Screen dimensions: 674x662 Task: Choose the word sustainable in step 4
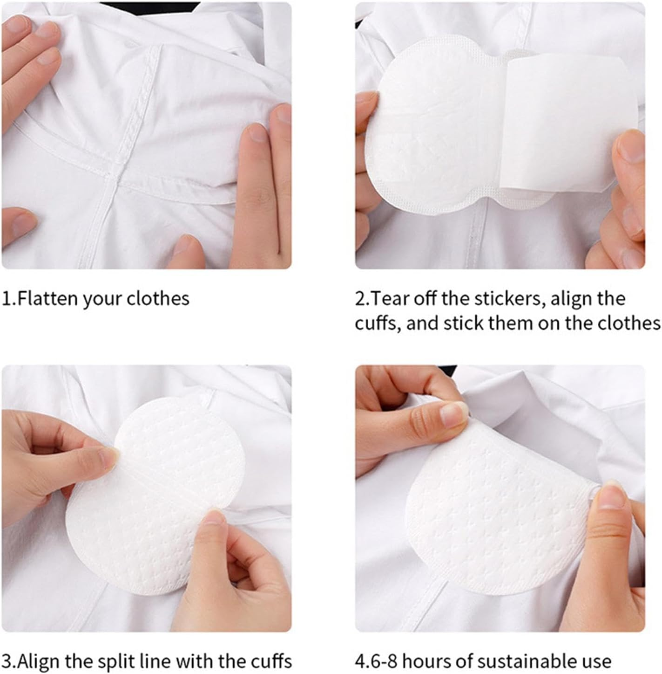525,661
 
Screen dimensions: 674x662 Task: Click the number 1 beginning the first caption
6,298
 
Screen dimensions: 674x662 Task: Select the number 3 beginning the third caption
7,661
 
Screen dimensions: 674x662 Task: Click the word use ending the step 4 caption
597,661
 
